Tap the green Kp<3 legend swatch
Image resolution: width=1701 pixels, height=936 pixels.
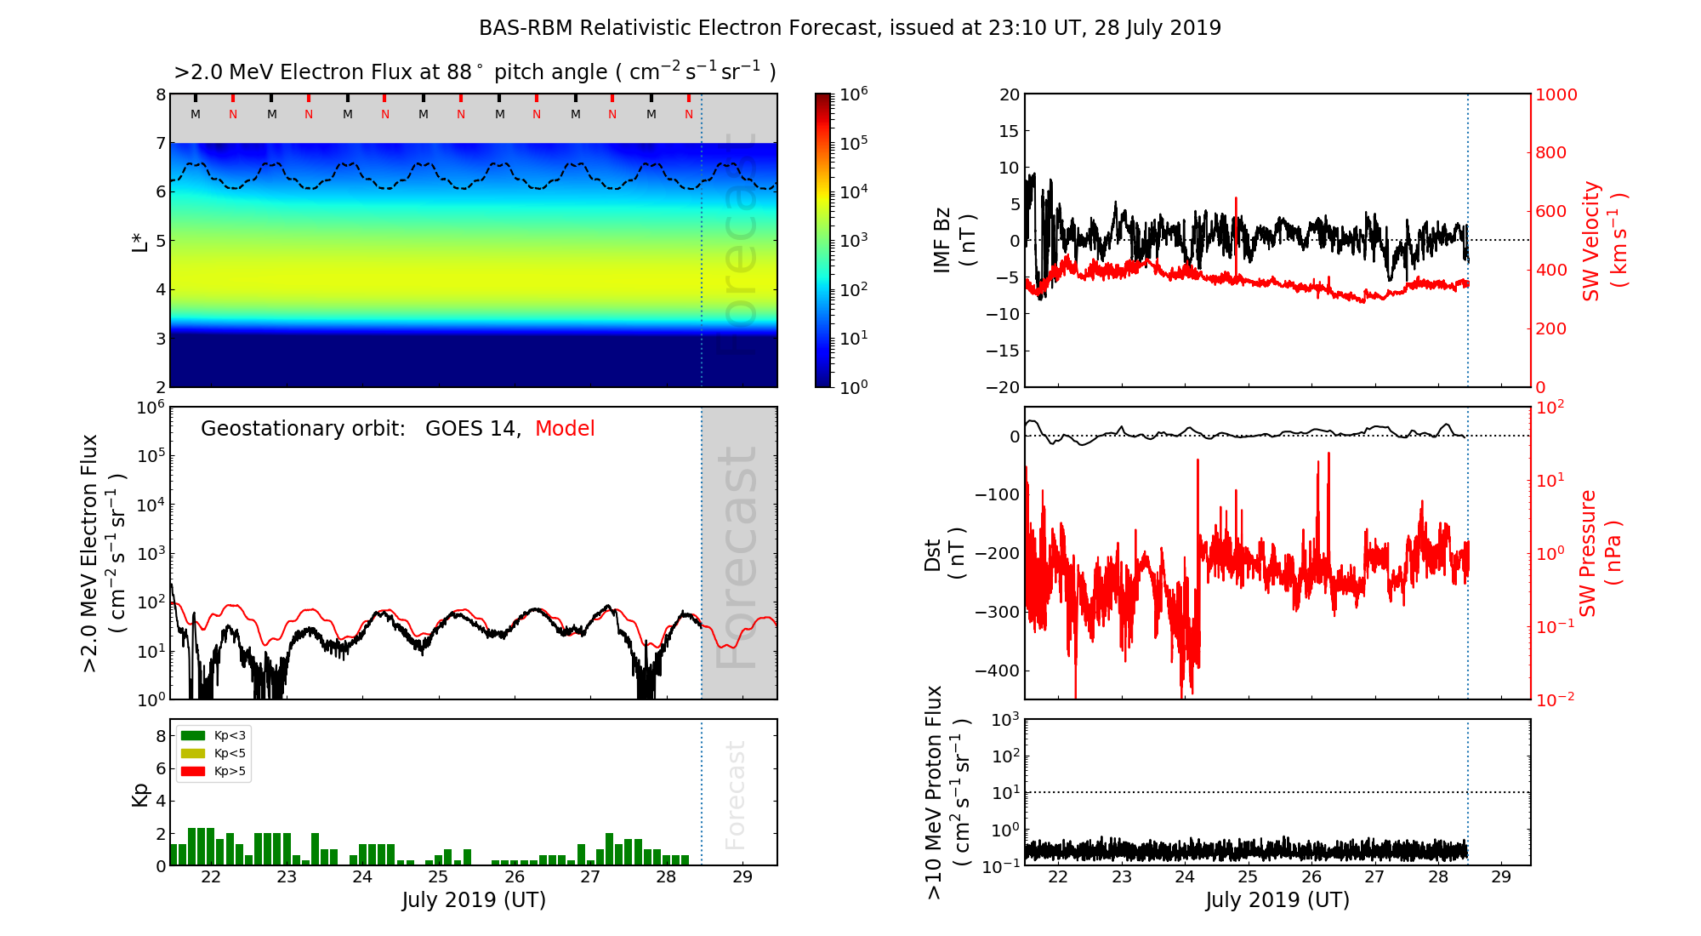193,735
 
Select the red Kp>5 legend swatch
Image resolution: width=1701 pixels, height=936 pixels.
193,772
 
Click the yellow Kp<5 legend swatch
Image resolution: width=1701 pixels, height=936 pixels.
193,753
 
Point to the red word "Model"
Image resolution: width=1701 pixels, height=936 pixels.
565,429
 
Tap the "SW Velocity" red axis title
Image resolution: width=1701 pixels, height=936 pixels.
1590,241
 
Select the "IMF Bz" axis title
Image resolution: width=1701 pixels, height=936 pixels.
942,241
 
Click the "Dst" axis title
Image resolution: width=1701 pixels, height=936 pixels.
932,554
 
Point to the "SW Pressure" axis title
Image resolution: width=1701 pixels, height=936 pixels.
1588,554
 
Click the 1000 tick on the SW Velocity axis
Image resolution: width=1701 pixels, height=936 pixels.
1556,95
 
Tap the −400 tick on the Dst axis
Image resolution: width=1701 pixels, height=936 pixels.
997,671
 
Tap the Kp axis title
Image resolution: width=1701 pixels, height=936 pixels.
140,795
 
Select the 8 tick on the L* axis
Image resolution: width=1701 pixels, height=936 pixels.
161,95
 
